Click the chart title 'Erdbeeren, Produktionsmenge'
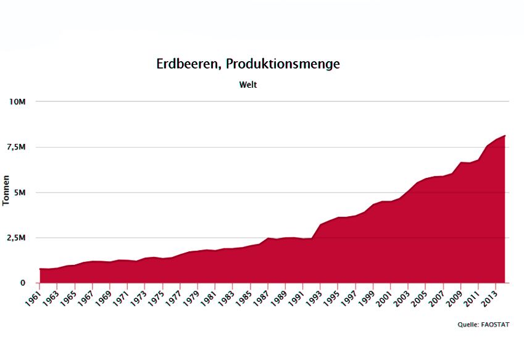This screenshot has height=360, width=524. pyautogui.click(x=247, y=64)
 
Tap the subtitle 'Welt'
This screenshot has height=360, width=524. pyautogui.click(x=248, y=85)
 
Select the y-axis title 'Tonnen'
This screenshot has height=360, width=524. pyautogui.click(x=6, y=191)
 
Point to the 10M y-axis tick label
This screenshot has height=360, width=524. pyautogui.click(x=17, y=101)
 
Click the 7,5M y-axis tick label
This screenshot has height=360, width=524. pyautogui.click(x=16, y=147)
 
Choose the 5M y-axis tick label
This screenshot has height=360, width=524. pyautogui.click(x=20, y=193)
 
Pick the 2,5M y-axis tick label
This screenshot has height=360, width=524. pyautogui.click(x=16, y=238)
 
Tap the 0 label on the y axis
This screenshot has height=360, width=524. pyautogui.click(x=22, y=283)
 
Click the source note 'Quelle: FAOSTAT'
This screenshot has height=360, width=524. pyautogui.click(x=483, y=324)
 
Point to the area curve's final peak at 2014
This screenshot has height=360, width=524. pyautogui.click(x=505, y=135)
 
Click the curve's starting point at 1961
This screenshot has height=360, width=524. pyautogui.click(x=40, y=269)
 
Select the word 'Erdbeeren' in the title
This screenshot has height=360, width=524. pyautogui.click(x=188, y=64)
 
